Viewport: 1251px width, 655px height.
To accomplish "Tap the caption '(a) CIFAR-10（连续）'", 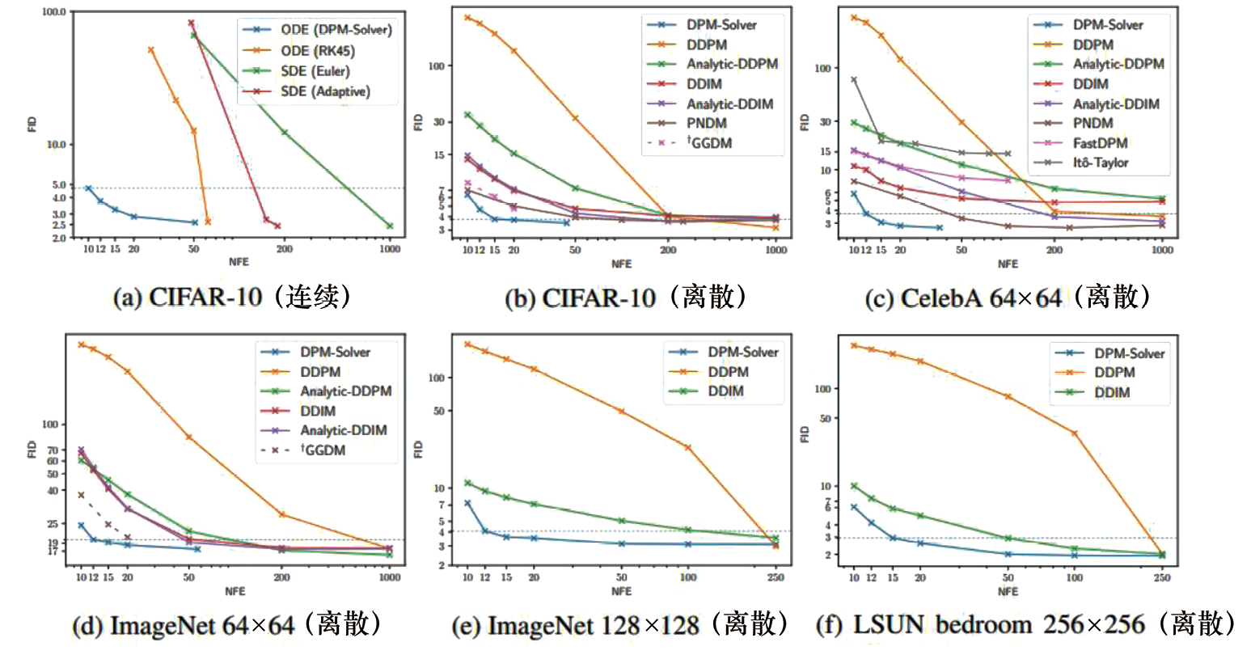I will point(232,298).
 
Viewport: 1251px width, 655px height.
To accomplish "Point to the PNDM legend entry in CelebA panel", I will point(1093,123).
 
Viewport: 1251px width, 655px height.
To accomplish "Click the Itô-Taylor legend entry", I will point(1101,163).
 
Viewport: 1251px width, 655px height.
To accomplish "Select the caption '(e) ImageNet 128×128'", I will point(620,624).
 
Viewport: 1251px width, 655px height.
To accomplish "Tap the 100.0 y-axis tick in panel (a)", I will point(54,13).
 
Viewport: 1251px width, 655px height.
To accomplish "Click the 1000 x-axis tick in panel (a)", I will point(390,249).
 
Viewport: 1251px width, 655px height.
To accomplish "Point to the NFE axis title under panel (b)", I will point(621,264).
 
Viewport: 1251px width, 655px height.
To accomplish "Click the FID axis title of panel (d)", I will point(32,450).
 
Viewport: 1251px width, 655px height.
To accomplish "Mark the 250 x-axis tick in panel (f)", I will point(1161,578).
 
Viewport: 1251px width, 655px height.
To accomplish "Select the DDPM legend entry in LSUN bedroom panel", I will point(1114,373).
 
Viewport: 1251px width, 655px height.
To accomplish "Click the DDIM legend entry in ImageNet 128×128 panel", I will point(725,391).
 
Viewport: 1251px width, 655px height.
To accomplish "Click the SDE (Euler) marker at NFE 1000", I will point(390,226).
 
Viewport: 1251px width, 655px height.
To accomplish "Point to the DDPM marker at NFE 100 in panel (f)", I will point(1075,433).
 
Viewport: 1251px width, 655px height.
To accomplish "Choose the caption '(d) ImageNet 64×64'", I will point(226,624).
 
